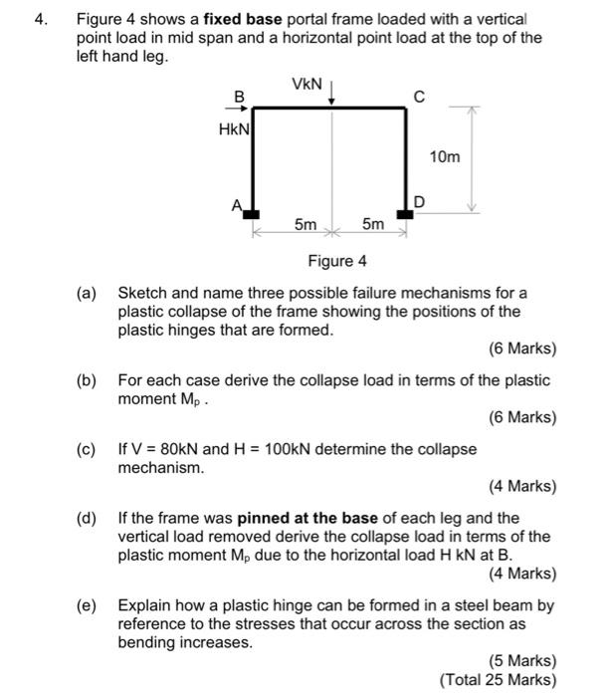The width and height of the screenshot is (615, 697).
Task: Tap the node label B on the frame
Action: click(238, 96)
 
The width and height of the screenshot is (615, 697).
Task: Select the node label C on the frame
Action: click(419, 97)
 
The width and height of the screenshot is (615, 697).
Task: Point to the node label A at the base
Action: click(236, 204)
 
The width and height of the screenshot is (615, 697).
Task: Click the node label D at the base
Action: click(419, 203)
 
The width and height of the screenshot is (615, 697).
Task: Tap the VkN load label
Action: click(307, 85)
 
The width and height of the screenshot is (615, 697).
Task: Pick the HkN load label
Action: click(235, 128)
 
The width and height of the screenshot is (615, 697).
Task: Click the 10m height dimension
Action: click(444, 157)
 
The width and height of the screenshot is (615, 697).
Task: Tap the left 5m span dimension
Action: click(306, 226)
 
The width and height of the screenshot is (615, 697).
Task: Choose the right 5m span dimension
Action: click(372, 226)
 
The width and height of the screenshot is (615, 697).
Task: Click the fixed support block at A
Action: click(252, 213)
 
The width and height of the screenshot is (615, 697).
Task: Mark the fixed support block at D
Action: click(405, 213)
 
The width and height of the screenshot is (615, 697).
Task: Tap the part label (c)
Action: click(88, 449)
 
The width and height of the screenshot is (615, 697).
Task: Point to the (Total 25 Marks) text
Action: click(498, 680)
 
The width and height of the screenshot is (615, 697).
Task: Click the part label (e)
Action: click(88, 605)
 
